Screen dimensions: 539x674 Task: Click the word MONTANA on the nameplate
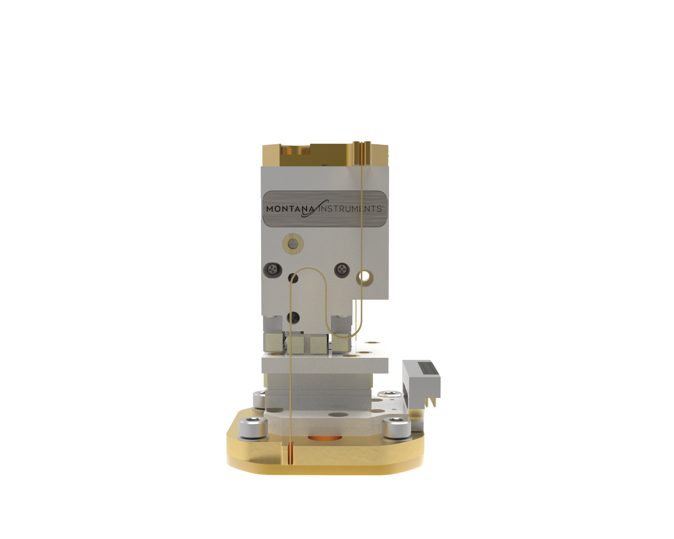coord(286,208)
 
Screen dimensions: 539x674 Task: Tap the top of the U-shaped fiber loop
coord(309,269)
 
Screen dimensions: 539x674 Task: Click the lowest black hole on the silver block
coord(293,316)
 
